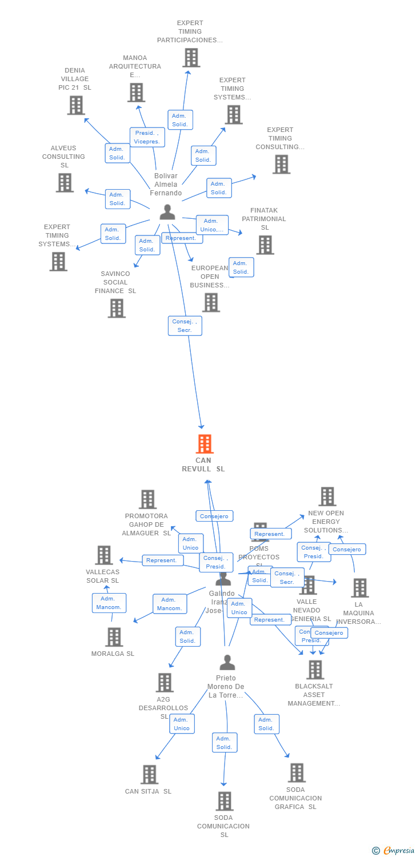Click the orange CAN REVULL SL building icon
point(204,444)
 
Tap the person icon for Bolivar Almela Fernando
point(167,212)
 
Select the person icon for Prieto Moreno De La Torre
point(227,663)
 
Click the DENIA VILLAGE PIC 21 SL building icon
point(76,105)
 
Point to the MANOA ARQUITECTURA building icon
point(136,93)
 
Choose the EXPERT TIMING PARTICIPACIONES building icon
point(191,58)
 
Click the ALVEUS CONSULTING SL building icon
point(65,183)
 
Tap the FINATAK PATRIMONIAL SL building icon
point(265,245)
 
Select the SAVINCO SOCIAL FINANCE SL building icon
point(117,309)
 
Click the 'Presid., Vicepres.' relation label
point(147,137)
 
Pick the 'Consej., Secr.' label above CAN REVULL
point(185,326)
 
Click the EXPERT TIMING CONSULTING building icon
point(281,165)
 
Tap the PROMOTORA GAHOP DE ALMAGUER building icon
point(147,499)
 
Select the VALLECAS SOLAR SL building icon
point(104,555)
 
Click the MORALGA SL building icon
point(114,637)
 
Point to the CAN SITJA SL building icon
point(149,775)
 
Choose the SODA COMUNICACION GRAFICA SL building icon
point(296,773)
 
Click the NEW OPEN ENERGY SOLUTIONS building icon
point(327,496)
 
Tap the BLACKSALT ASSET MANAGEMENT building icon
point(315,670)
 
